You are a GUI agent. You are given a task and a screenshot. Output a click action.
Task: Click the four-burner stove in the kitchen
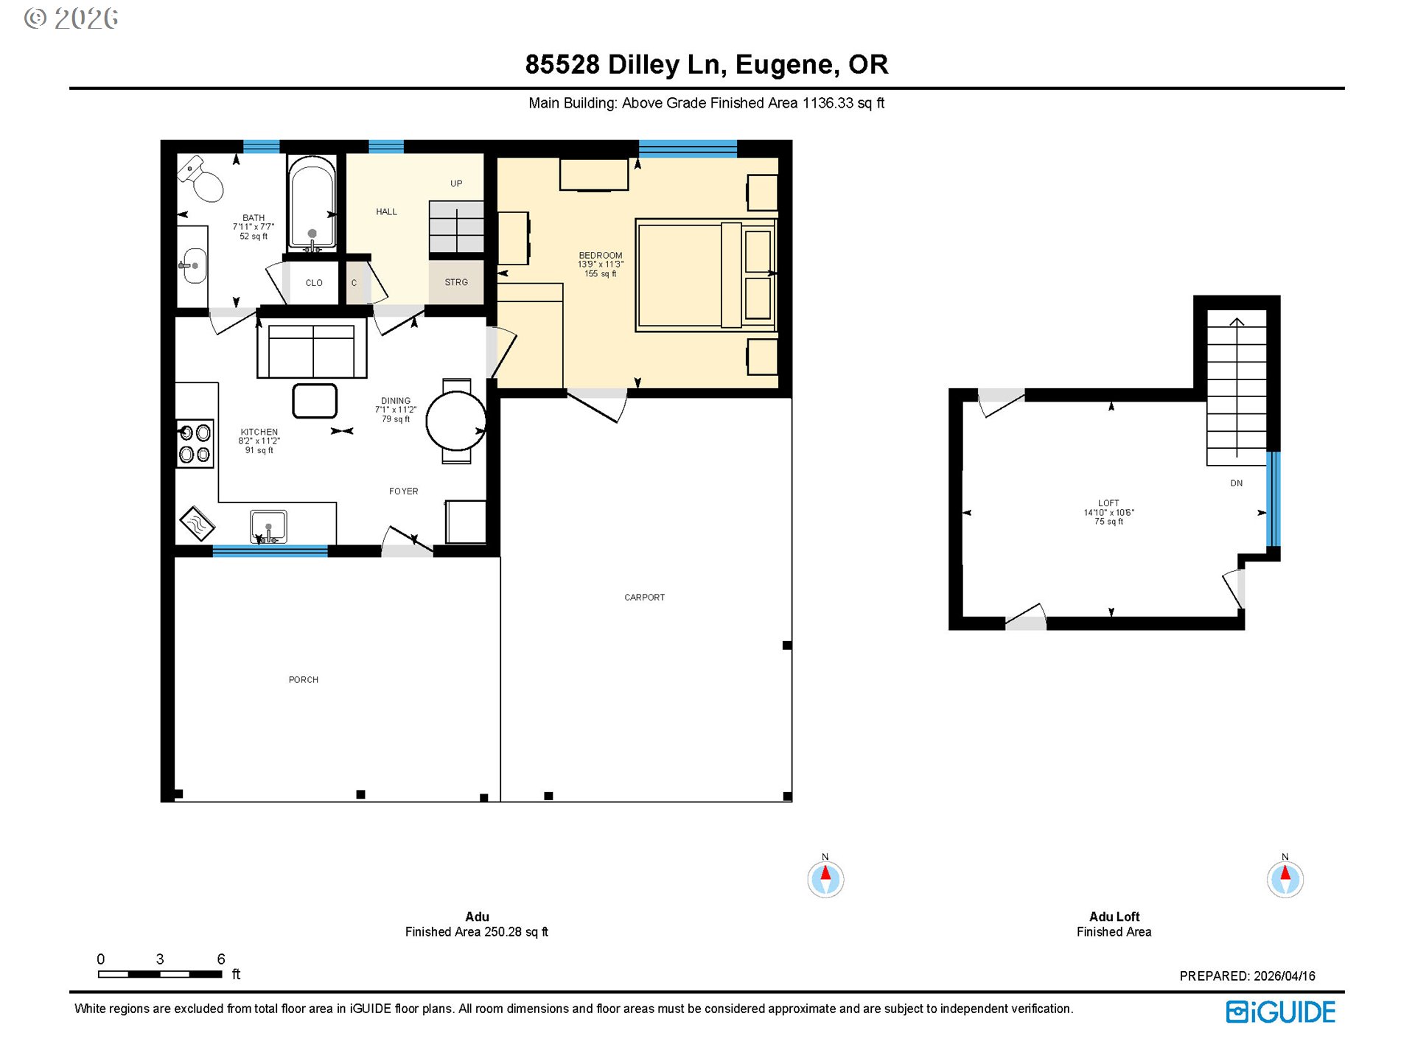coord(195,444)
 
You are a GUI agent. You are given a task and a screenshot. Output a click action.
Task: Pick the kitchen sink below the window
coord(268,527)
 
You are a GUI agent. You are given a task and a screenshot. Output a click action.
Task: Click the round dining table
coord(455,421)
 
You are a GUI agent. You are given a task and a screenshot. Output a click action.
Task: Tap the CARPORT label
coord(644,598)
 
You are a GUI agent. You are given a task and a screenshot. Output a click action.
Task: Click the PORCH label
coord(303,680)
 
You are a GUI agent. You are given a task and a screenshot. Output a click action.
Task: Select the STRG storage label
coord(456,282)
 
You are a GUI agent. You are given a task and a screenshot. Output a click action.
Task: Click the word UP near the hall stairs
coord(456,183)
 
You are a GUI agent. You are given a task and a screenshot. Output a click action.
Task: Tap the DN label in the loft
coord(1236,483)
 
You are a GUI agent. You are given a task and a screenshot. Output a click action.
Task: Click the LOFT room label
coord(1108,503)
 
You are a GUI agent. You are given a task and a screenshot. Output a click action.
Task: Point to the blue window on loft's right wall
coord(1273,498)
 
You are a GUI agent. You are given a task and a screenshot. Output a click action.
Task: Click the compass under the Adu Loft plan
coord(1285,879)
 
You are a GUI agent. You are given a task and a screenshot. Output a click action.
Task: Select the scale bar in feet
coord(160,974)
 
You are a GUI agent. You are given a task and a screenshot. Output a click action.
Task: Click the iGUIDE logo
coord(1280,1012)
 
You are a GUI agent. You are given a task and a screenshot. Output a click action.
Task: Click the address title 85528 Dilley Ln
coord(706,65)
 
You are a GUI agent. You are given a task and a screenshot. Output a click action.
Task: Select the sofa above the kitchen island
coord(312,349)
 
